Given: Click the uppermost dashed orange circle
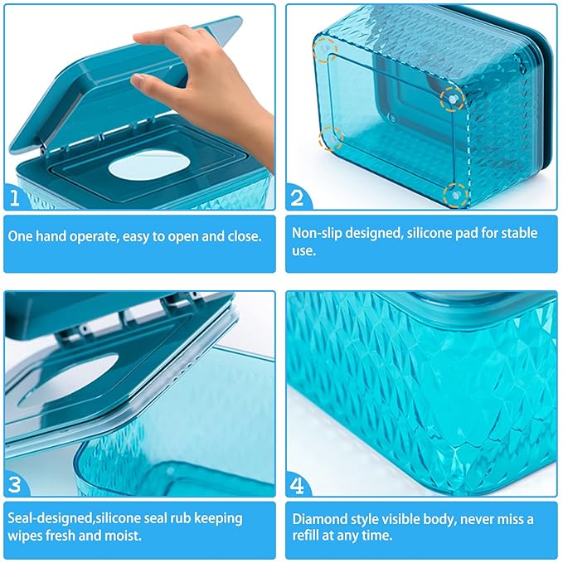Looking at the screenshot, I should tap(326, 51).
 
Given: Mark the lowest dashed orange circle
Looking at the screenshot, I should tap(455, 194).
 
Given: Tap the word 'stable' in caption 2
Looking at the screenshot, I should tap(517, 233).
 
